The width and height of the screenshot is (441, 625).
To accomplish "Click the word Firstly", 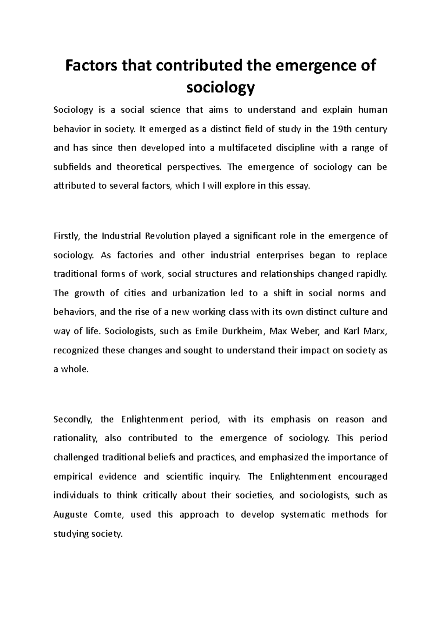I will click(x=66, y=236).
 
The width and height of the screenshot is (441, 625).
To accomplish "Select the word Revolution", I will click(x=167, y=236).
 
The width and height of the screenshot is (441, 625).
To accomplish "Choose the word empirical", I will click(x=73, y=477).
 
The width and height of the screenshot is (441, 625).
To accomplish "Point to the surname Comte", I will click(x=108, y=515).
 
